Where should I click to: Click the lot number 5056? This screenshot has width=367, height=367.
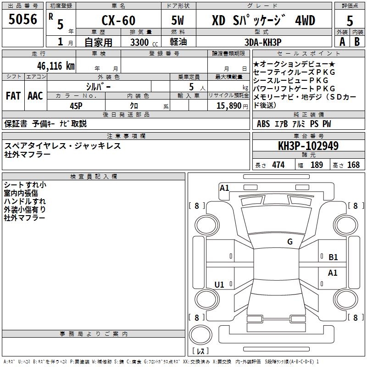click(x=23, y=20)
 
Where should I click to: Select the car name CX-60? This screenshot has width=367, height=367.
click(x=118, y=20)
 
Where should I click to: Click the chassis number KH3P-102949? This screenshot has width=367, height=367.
click(x=308, y=146)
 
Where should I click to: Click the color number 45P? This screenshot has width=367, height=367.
click(x=77, y=105)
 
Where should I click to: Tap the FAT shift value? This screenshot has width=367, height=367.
click(x=13, y=96)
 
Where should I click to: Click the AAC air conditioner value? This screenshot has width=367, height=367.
click(x=35, y=96)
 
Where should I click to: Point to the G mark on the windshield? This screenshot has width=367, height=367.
click(x=289, y=242)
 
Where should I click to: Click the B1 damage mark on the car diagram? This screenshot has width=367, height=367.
click(x=333, y=257)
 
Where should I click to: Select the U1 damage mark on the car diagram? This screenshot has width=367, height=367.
click(x=219, y=285)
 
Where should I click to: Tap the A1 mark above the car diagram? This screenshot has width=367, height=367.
click(x=224, y=188)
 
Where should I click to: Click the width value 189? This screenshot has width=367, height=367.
click(x=317, y=165)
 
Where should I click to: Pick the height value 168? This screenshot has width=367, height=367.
click(x=353, y=165)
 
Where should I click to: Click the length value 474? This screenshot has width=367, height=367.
click(x=278, y=165)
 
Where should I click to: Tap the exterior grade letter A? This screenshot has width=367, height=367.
click(x=342, y=42)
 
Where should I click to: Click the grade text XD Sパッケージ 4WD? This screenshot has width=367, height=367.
click(x=263, y=20)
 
